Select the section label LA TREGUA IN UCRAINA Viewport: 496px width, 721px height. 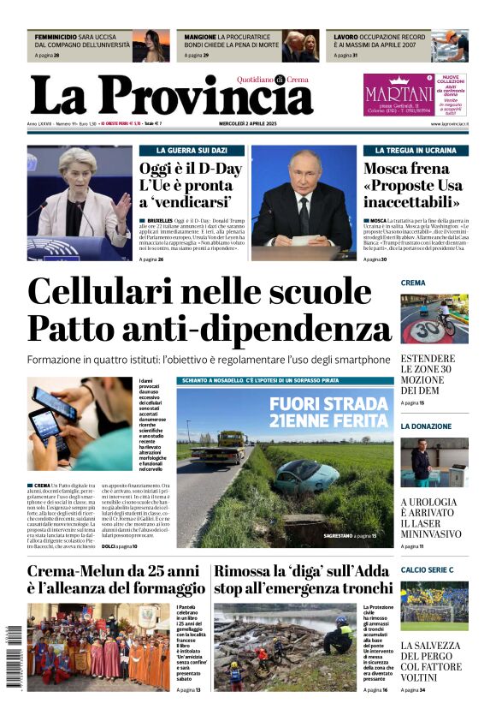416,150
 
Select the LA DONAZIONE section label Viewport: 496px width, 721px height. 426,426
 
